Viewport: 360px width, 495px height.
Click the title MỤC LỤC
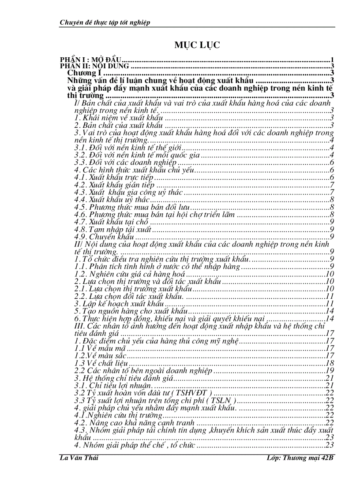tap(197, 45)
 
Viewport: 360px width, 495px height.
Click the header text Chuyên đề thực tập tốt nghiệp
tap(105, 22)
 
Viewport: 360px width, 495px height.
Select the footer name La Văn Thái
tap(79, 458)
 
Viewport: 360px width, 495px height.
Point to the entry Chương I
tap(84, 73)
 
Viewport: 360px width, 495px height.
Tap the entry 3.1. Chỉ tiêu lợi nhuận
tap(113, 386)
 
